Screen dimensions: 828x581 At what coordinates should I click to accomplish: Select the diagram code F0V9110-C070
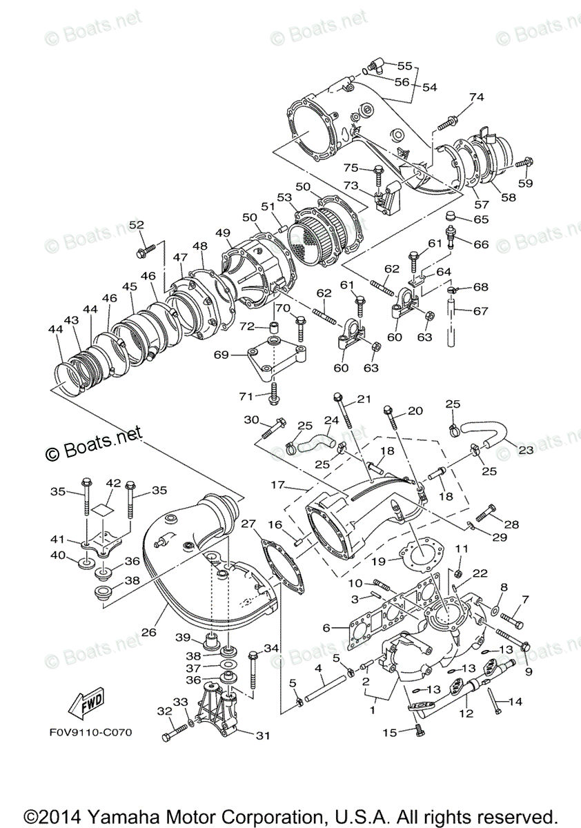coord(90,732)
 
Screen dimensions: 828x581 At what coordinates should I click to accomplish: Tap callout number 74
coord(477,97)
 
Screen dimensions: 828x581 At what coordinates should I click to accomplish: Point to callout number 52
coord(137,225)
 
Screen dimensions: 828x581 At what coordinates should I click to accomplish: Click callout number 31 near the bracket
coord(262,736)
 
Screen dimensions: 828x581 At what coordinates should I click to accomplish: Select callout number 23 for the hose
coord(526,450)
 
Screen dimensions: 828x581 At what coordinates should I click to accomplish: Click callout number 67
coord(481,310)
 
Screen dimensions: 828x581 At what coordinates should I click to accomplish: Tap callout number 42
coord(113,483)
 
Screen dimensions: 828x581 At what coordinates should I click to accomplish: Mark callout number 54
coord(430,88)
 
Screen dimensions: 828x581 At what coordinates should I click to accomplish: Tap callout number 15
coord(390,733)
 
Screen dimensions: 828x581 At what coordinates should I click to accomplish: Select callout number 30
coord(251,420)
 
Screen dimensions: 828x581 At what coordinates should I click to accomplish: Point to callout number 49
coord(222,233)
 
